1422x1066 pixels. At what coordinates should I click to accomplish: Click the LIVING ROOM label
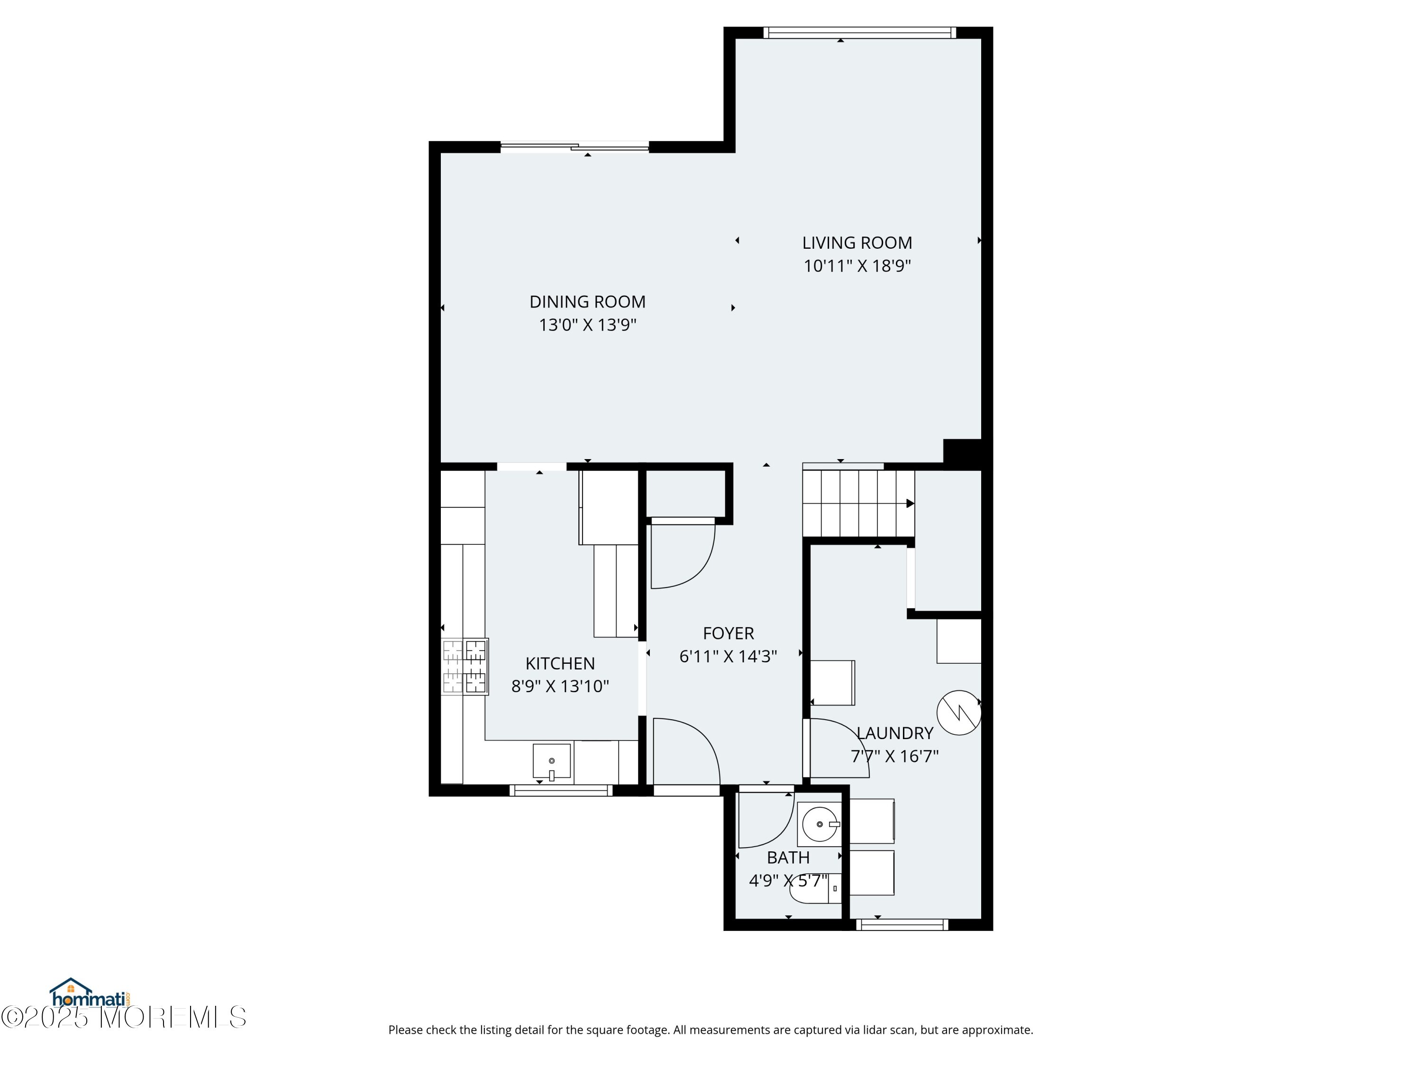click(857, 243)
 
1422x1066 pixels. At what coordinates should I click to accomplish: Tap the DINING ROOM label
click(588, 302)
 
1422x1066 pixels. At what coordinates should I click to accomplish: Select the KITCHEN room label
click(560, 663)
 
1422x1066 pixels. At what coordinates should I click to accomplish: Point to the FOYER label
click(729, 633)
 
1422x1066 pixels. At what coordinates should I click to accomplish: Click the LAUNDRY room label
click(895, 733)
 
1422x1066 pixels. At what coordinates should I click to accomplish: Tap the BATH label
click(788, 858)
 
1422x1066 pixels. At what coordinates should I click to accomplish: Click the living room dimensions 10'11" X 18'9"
click(857, 266)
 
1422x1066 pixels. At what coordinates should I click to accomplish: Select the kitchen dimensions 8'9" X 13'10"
click(560, 686)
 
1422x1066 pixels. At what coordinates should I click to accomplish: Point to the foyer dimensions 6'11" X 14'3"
click(729, 656)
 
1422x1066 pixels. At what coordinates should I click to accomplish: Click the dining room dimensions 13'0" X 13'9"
click(588, 325)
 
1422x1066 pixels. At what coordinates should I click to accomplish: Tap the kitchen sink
click(552, 761)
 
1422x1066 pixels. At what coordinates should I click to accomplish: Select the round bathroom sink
click(819, 824)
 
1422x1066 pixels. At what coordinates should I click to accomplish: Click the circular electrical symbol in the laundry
click(958, 713)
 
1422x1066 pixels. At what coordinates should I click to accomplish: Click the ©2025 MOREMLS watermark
click(123, 1017)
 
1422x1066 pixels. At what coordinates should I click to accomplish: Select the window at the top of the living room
click(859, 33)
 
